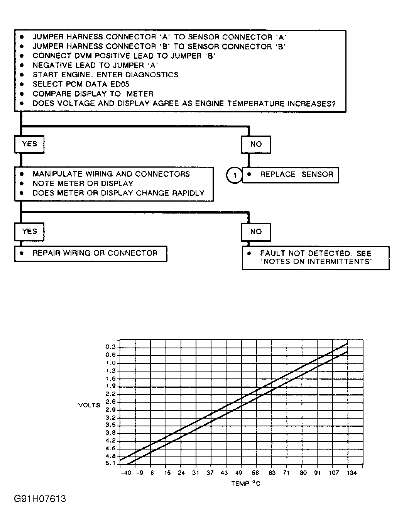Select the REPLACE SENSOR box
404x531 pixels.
290,175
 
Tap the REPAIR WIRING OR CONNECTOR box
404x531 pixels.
91,253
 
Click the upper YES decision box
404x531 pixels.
29,144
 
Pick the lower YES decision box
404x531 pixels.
29,232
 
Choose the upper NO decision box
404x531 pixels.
256,144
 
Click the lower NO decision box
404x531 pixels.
256,232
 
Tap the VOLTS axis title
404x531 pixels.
89,405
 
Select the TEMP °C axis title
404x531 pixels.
245,483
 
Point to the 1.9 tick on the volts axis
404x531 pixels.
110,386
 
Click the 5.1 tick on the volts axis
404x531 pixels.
110,463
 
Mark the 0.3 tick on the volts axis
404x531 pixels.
110,347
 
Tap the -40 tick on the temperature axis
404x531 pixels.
126,473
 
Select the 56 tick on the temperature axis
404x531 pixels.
255,473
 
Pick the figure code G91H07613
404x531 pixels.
40,499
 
